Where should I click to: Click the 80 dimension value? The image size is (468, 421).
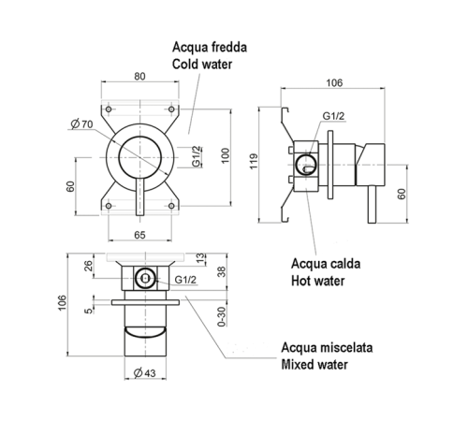click(139, 77)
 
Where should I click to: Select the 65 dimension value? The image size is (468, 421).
click(139, 235)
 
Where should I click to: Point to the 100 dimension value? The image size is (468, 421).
click(226, 155)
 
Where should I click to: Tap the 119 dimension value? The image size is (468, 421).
click(254, 161)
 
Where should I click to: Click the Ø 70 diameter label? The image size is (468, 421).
click(82, 123)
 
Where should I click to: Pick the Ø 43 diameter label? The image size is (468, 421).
click(144, 372)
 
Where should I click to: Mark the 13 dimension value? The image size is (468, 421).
click(201, 257)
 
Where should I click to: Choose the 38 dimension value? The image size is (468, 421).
click(222, 271)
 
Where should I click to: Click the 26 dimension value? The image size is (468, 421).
click(89, 266)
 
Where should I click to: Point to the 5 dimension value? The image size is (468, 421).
click(89, 311)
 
